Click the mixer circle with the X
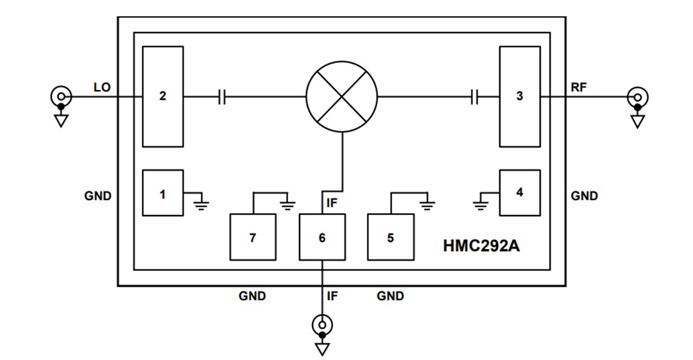341,97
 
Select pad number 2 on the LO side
163,96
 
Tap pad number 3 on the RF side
520,96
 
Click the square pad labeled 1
162,193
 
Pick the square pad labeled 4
520,193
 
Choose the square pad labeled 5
390,237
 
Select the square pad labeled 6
322,237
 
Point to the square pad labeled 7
253,237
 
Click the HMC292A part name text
481,246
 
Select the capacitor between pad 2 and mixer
222,97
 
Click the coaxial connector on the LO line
60,98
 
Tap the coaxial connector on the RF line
637,98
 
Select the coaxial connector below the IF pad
322,325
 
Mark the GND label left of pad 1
98,196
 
